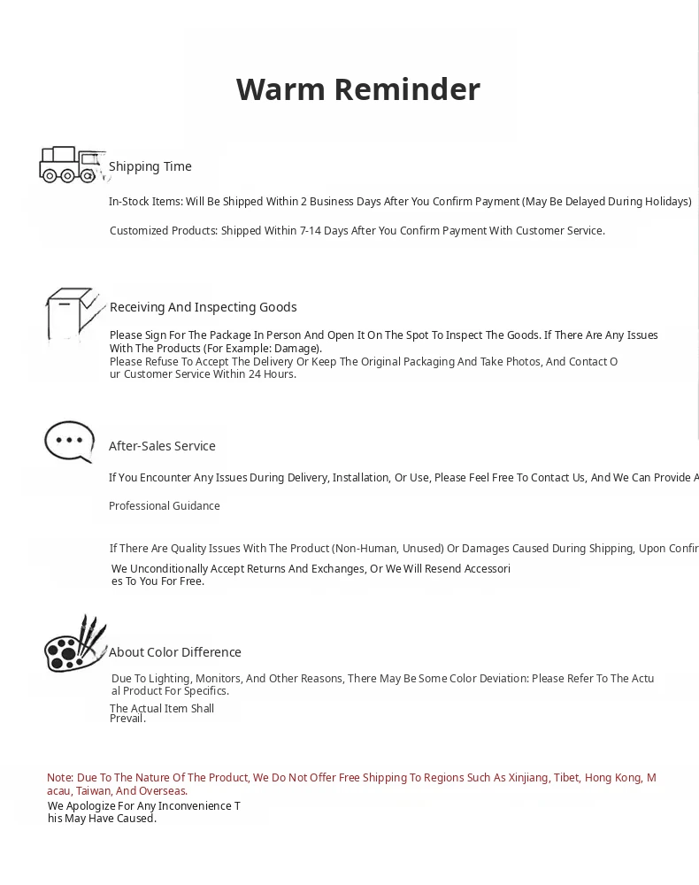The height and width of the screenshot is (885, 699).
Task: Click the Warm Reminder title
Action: pos(357,89)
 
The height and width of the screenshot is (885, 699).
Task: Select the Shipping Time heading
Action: pos(150,166)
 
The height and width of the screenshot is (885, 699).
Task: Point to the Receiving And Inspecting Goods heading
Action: pos(203,307)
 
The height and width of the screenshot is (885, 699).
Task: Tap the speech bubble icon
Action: pos(70,441)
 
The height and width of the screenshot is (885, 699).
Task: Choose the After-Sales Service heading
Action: pos(162,446)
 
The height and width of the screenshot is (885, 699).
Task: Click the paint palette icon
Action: pos(74,644)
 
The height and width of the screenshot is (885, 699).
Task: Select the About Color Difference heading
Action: pos(175,652)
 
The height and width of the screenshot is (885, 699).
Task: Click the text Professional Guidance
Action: pos(165,506)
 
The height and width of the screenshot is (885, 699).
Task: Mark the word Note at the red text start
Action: pos(60,778)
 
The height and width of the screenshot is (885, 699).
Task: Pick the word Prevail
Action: pos(127,719)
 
